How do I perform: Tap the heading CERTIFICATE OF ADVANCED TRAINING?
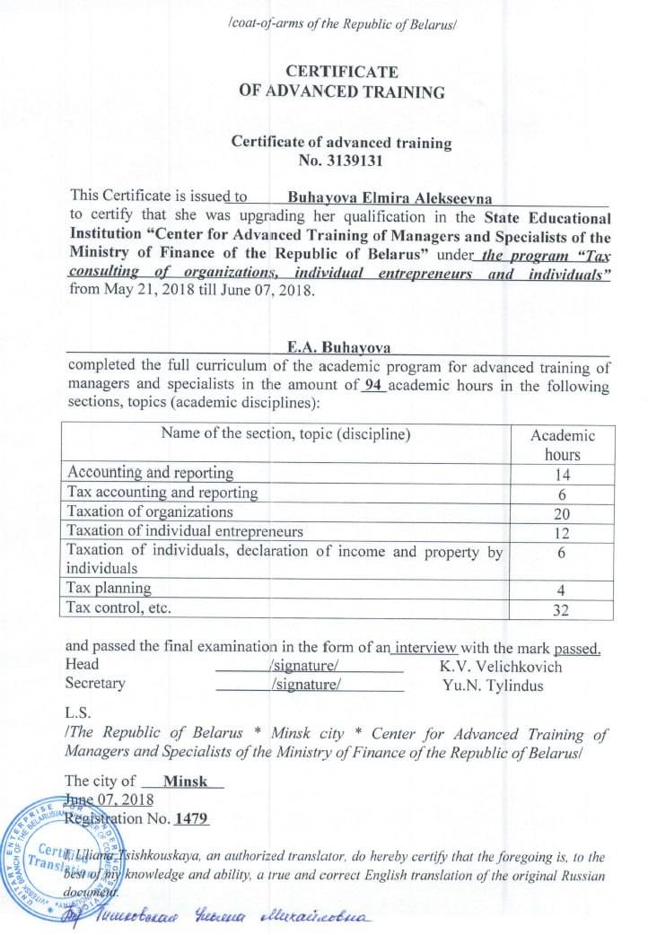341,82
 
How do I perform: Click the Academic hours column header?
563,444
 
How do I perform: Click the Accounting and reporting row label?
150,473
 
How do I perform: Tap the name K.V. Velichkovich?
500,666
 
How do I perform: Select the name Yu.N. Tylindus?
493,685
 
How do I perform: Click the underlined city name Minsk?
186,781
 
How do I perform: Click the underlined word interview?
428,648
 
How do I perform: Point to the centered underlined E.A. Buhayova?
337,347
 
